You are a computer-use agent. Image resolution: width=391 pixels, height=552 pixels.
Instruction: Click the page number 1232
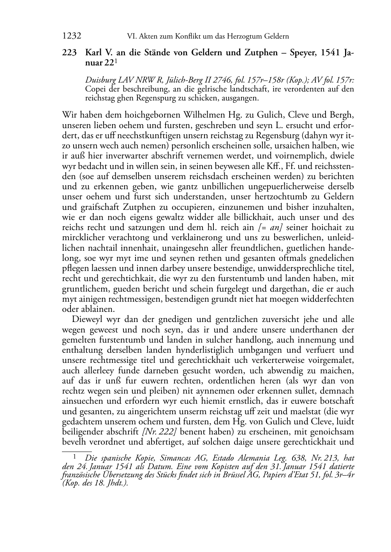(x=72, y=36)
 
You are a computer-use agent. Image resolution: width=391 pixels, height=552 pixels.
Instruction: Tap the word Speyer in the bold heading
(x=303, y=53)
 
